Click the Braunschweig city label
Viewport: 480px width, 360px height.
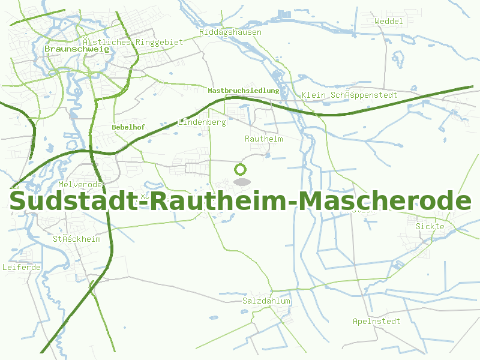[77, 49]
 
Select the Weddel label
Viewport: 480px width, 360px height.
[388, 21]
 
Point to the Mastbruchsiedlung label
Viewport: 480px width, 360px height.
[243, 91]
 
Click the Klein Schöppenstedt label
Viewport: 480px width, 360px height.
[349, 95]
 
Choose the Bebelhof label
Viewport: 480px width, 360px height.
[128, 127]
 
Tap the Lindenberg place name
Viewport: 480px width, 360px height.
[202, 122]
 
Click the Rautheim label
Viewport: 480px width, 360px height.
[263, 139]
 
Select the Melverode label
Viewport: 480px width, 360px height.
[81, 184]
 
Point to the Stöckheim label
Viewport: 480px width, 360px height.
[76, 239]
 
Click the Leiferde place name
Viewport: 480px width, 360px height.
[22, 267]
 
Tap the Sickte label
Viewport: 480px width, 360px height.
[430, 226]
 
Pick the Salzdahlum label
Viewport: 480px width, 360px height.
[266, 301]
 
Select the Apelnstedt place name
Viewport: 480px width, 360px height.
[376, 321]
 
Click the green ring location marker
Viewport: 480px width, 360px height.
[241, 169]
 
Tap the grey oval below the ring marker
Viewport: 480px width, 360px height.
[241, 182]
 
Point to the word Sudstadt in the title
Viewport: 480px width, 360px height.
[74, 202]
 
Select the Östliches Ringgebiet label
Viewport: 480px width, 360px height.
[133, 42]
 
